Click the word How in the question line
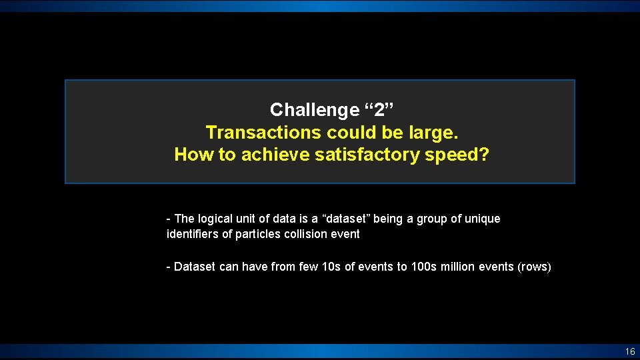click(x=191, y=155)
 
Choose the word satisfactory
click(x=370, y=155)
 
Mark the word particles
click(x=255, y=234)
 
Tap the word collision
click(x=304, y=234)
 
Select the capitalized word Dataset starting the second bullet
click(x=195, y=267)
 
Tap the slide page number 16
click(x=630, y=351)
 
